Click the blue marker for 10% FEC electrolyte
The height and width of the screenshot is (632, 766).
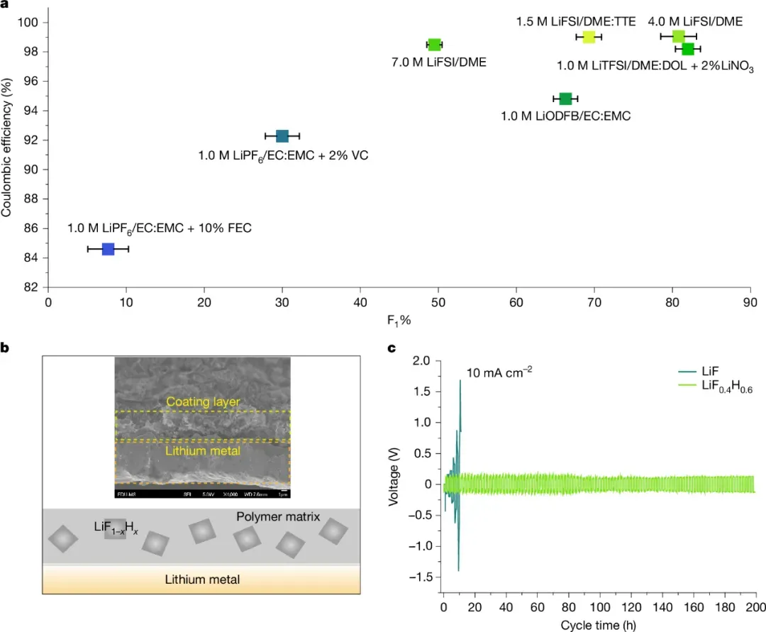tap(108, 249)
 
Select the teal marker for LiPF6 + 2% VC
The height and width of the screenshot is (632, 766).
tap(282, 136)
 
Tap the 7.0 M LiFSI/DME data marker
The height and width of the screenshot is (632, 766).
tap(435, 45)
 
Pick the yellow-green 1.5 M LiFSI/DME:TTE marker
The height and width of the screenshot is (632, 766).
tap(589, 37)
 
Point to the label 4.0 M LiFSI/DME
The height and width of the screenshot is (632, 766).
tap(695, 22)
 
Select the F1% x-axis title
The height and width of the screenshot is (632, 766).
tap(399, 320)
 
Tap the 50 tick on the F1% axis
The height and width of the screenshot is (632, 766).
tap(438, 302)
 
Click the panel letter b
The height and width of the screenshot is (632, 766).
tap(5, 348)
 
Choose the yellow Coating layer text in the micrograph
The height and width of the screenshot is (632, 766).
tap(203, 402)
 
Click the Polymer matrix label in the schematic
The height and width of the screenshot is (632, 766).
tap(278, 518)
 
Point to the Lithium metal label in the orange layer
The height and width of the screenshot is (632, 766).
tap(202, 580)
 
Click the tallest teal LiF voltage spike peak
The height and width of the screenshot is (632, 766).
tap(460, 381)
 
